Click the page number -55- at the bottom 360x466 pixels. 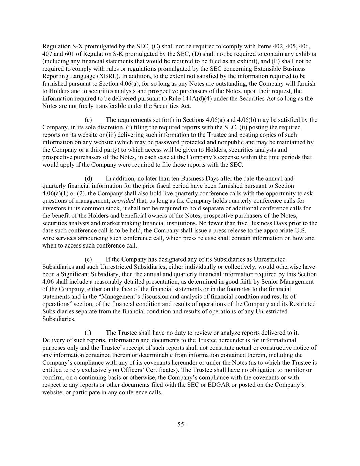[x=181, y=424]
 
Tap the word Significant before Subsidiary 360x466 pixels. [x=77, y=274]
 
